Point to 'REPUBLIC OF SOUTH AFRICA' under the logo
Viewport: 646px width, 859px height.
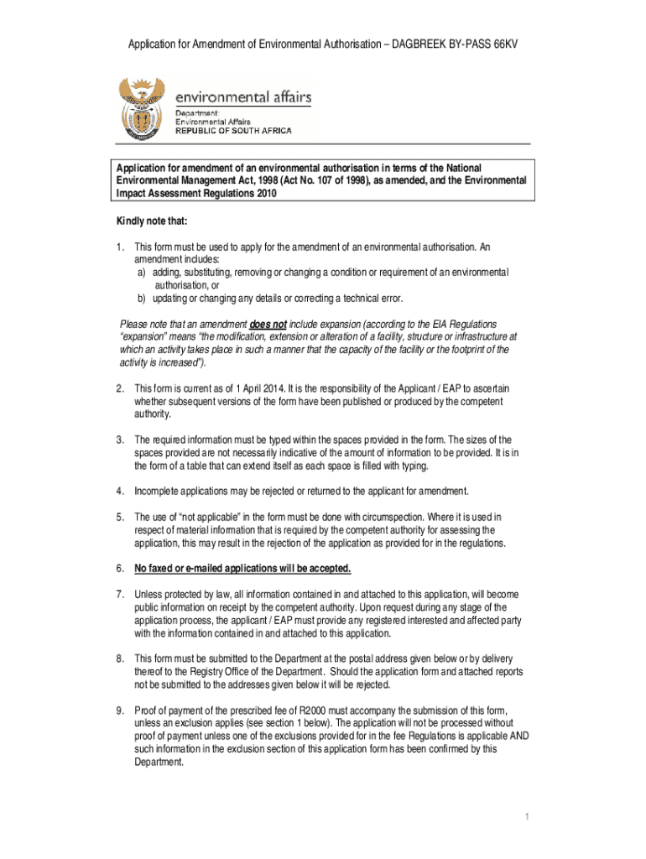pyautogui.click(x=233, y=131)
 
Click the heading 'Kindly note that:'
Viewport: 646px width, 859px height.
pyautogui.click(x=152, y=221)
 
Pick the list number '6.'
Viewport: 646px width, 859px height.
pyautogui.click(x=121, y=569)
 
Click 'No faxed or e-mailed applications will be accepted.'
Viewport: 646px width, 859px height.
pyautogui.click(x=242, y=569)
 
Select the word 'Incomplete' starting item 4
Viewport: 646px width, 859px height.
pyautogui.click(x=159, y=491)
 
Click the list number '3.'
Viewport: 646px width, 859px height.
pyautogui.click(x=121, y=440)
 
